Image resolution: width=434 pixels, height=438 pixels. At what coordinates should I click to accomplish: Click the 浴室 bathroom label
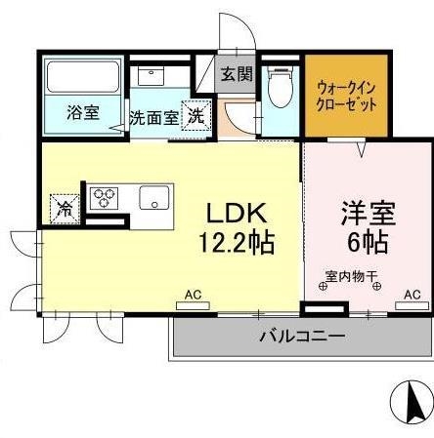click(83, 112)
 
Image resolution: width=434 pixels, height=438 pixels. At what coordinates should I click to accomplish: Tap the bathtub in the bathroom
click(83, 75)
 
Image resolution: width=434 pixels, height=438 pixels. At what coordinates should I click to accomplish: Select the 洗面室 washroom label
click(153, 117)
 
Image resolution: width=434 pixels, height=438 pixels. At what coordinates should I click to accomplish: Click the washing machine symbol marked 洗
click(197, 114)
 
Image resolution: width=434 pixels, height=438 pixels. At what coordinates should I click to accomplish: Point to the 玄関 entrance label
click(237, 73)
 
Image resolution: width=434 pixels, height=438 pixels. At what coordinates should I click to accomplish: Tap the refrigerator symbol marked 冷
click(65, 208)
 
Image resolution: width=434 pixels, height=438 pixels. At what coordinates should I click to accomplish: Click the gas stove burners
click(105, 199)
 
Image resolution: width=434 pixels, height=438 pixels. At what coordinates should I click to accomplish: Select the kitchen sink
click(154, 199)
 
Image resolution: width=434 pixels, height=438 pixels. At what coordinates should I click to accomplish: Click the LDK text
click(236, 212)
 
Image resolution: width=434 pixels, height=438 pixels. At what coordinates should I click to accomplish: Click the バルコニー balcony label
click(302, 338)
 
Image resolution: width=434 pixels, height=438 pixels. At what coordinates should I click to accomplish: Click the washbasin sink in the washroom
click(152, 76)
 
